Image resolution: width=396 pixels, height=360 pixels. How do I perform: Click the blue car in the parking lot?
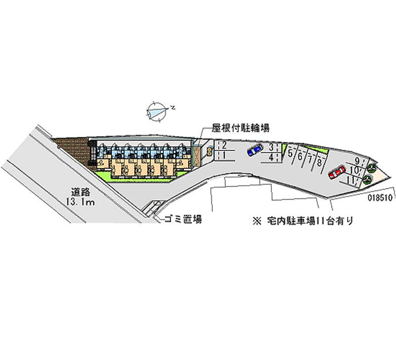pos(255,150)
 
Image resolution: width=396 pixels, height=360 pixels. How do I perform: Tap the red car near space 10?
pos(337,172)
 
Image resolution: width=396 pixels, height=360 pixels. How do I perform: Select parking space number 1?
pos(224,155)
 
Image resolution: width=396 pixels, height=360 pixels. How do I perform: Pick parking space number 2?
pos(224,145)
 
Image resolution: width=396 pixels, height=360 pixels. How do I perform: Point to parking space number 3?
pos(272,147)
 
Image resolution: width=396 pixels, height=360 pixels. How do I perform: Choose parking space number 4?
pos(272,157)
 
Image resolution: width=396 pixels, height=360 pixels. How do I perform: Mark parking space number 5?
pos(290,154)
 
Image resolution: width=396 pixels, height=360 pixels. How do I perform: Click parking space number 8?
pos(320,161)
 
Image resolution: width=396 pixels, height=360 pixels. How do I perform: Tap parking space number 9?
pos(357,160)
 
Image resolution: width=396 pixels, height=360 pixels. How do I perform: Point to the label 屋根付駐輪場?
pos(241,128)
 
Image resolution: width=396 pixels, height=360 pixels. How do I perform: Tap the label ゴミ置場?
pos(183,219)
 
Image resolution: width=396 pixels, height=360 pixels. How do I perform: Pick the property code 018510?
pos(380,197)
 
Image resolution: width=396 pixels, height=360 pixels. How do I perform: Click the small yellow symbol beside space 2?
pos(209,151)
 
